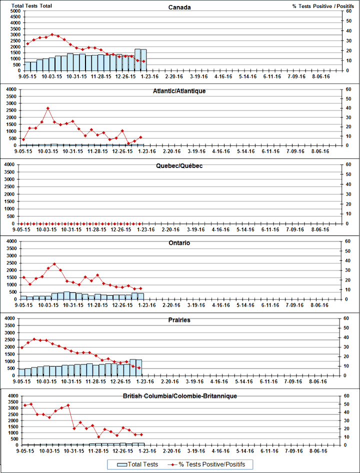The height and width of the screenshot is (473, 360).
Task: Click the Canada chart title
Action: point(179,7)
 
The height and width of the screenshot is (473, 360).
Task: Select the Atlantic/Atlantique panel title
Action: point(179,91)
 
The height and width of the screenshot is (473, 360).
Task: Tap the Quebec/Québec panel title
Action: point(179,166)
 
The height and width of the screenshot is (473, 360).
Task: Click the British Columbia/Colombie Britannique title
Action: point(179,396)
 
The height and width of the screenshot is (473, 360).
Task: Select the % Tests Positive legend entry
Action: point(207,464)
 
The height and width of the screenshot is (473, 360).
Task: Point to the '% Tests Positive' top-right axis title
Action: point(319,5)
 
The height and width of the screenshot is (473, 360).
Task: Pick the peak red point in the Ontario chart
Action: point(54,263)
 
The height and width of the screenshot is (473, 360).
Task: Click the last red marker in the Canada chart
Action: point(143,61)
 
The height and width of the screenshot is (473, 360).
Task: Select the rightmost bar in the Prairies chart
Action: point(139,367)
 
